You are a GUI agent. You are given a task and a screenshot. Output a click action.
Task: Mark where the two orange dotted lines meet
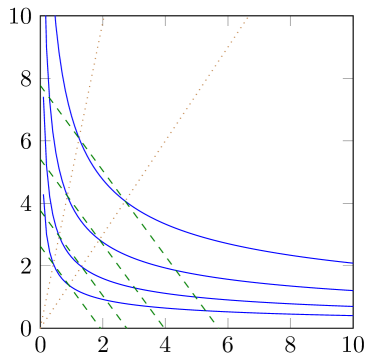tap(41, 327)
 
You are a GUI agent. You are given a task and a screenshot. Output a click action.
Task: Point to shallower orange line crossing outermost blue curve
tap(126, 204)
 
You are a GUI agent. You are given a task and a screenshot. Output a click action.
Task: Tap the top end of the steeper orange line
tap(104, 16)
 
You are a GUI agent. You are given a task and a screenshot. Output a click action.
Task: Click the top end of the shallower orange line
tap(248, 16)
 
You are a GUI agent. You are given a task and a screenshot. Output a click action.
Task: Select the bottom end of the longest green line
tap(217, 327)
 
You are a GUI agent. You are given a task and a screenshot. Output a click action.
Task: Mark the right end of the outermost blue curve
tap(352, 263)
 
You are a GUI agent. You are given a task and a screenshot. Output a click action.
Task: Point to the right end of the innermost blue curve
tap(352, 316)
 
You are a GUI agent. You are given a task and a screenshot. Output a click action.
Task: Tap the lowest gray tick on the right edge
tap(347, 265)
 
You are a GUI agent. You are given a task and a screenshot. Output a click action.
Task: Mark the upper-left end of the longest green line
tap(41, 85)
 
